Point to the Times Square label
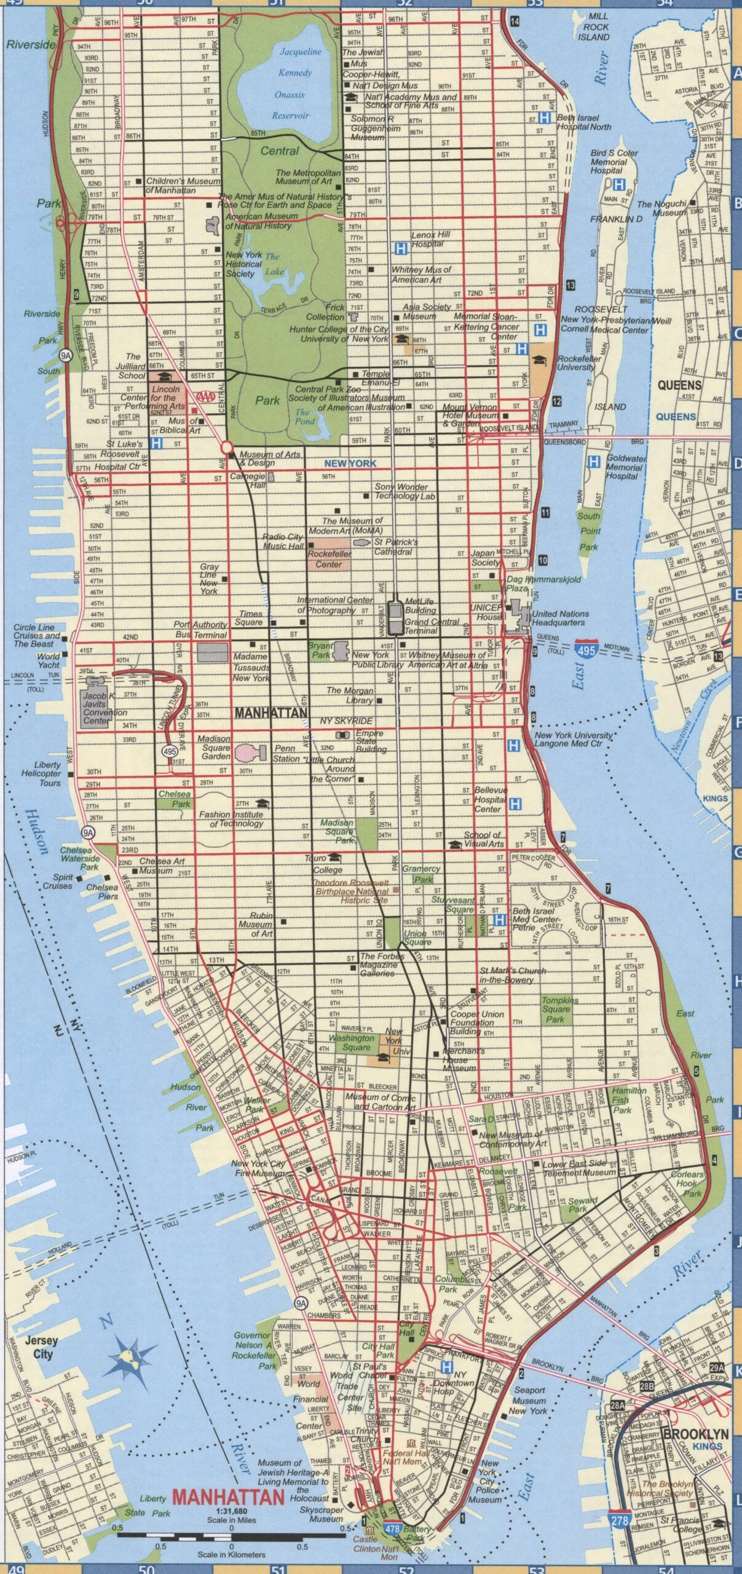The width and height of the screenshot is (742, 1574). click(x=251, y=618)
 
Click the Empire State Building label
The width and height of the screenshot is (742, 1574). click(x=370, y=741)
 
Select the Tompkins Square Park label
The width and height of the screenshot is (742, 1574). click(x=556, y=1010)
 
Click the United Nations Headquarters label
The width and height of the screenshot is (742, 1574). click(x=560, y=618)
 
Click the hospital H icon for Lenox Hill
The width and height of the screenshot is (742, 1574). click(x=401, y=248)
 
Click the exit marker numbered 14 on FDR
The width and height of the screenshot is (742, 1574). click(x=515, y=22)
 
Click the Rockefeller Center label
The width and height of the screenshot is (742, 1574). click(x=329, y=559)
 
